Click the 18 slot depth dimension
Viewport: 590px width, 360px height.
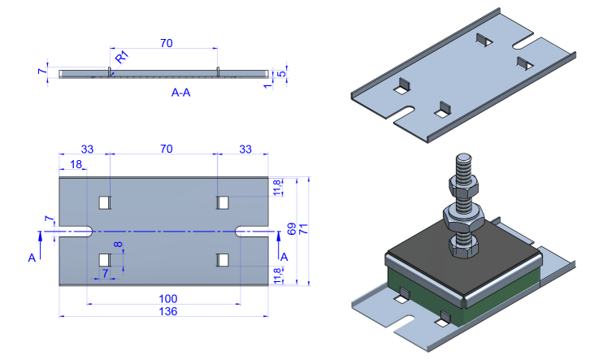(x=76, y=164)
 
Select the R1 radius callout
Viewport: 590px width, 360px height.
(x=121, y=58)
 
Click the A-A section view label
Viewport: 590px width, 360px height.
(x=180, y=93)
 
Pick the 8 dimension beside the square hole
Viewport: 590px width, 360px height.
(x=118, y=245)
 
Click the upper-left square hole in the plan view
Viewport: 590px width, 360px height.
(x=104, y=202)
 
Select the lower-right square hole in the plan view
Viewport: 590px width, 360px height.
(x=223, y=259)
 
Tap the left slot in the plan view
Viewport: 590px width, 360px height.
(x=75, y=232)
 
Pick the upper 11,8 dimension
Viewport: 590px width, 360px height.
(x=278, y=188)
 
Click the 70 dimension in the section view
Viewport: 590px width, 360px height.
(x=166, y=44)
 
